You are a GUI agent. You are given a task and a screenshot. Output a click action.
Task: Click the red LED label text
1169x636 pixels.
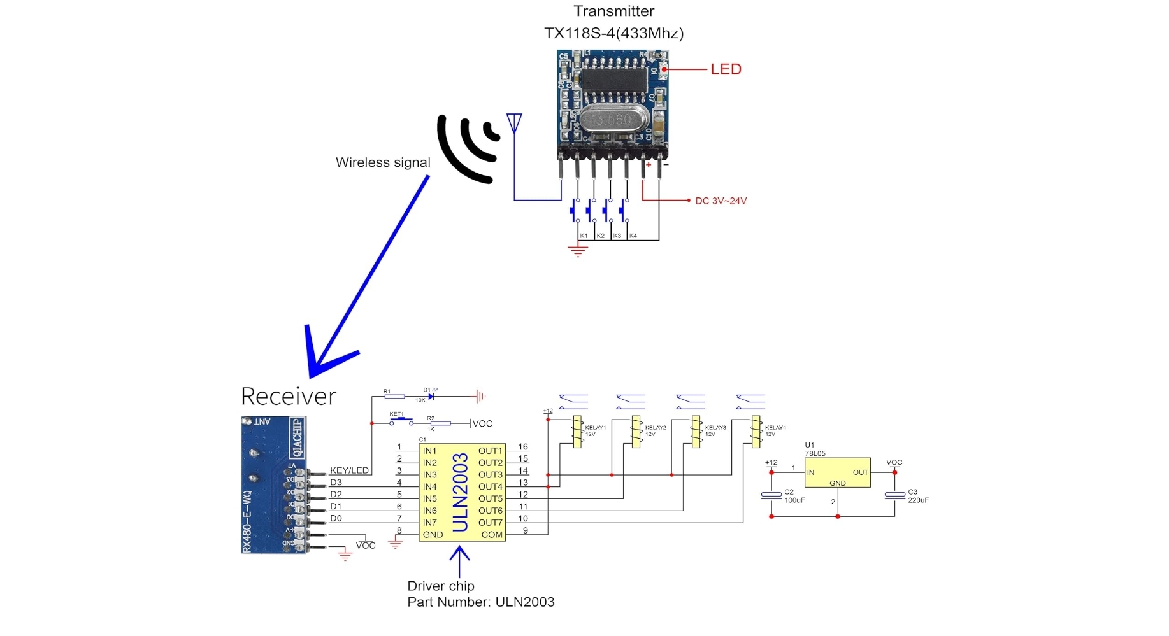[x=726, y=69]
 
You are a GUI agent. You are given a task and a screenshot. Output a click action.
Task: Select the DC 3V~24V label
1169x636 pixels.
[x=721, y=201]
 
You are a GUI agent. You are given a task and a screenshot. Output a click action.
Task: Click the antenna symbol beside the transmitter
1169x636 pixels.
[x=514, y=123]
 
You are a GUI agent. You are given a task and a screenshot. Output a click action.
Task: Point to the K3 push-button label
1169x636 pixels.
[x=617, y=236]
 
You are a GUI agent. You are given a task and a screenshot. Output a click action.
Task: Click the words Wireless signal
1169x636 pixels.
[x=383, y=162]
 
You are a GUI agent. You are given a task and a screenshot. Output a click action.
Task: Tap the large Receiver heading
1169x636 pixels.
[x=288, y=396]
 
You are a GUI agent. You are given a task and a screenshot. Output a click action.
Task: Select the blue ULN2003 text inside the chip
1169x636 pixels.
[x=461, y=492]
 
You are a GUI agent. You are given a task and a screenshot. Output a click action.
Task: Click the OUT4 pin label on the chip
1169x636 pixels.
[x=490, y=487]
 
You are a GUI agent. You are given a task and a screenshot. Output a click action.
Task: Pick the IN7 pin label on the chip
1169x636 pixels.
[x=430, y=523]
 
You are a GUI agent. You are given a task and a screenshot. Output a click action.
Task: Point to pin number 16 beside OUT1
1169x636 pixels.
[x=523, y=447]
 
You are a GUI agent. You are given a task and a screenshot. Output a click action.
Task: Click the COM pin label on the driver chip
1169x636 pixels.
[x=491, y=535]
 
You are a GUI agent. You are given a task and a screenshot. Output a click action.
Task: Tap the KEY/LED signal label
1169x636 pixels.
[x=349, y=470]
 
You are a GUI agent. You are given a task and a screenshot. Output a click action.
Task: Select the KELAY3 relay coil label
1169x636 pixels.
[x=715, y=428]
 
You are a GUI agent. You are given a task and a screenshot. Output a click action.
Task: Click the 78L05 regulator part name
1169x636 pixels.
[x=815, y=453]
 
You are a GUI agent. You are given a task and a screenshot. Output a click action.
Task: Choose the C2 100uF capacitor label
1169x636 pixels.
[x=794, y=496]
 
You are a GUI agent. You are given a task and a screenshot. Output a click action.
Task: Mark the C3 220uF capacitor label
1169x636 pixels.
[x=918, y=496]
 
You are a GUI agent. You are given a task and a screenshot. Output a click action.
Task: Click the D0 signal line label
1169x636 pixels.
[x=336, y=518]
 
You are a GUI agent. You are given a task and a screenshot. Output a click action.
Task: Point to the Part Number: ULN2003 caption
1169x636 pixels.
[x=480, y=602]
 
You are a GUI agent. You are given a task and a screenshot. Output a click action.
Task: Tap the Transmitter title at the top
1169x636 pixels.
[x=613, y=11]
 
